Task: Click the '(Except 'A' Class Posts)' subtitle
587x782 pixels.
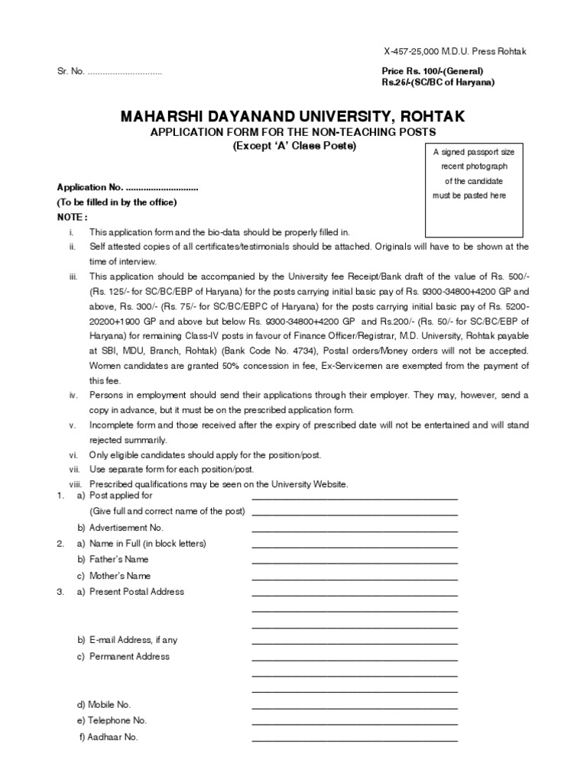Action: pos(294,146)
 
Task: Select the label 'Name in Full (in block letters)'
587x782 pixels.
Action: pos(148,544)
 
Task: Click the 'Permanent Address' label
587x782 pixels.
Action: pos(129,657)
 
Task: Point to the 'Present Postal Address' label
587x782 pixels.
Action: pos(136,592)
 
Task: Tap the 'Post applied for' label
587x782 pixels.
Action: pos(121,496)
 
